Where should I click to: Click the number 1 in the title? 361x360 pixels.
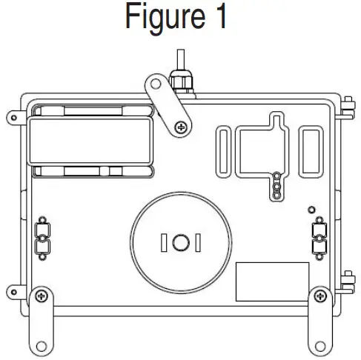point(219,18)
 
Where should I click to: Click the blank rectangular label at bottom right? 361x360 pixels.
point(272,281)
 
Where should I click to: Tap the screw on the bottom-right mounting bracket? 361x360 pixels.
point(319,297)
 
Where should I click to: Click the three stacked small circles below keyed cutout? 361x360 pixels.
point(276,186)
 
